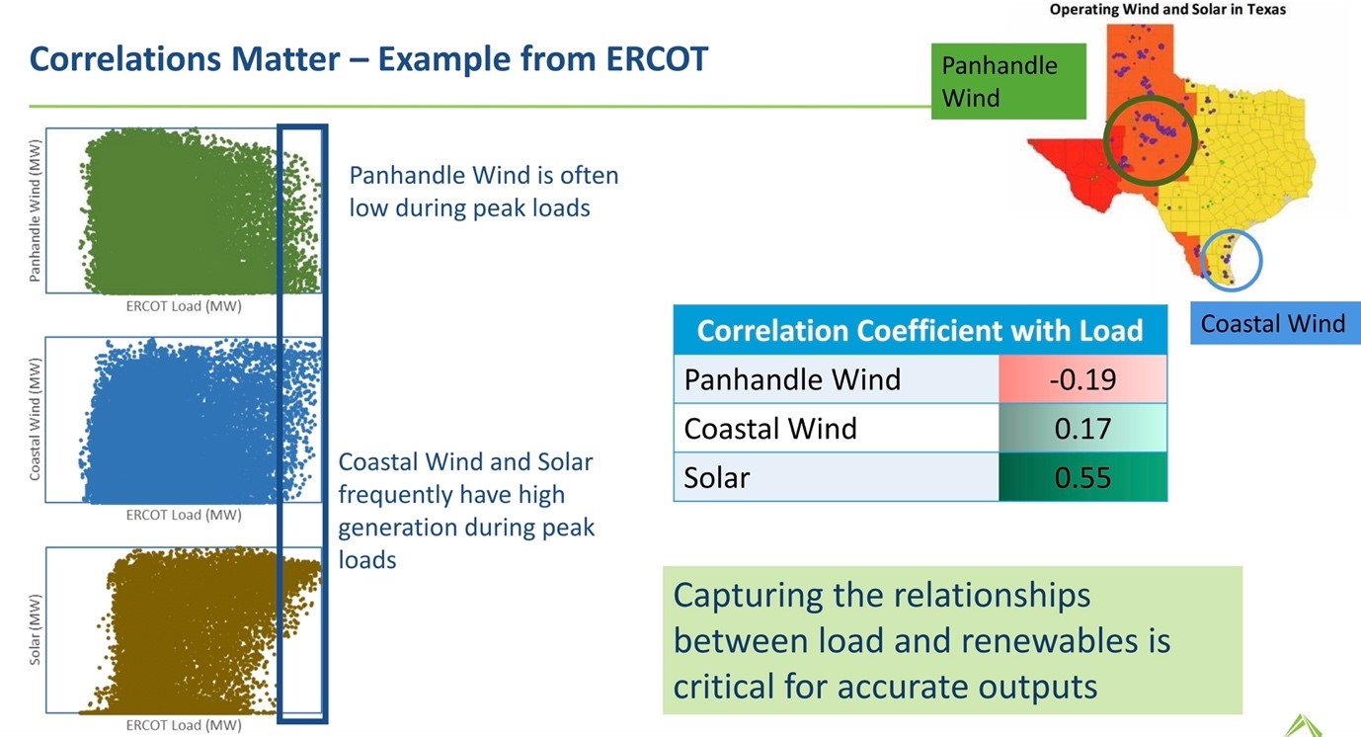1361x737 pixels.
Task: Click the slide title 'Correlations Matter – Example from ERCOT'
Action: coord(368,59)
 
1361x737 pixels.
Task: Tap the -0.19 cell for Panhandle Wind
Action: coord(1081,379)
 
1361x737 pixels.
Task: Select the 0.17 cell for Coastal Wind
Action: coord(1081,429)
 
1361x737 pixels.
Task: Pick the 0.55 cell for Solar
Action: coord(1081,477)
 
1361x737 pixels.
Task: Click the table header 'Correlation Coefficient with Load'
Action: coord(919,330)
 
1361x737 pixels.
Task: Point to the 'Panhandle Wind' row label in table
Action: coord(792,379)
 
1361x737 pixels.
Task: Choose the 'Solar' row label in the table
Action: coord(717,477)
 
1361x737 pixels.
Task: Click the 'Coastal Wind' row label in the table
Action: coord(770,429)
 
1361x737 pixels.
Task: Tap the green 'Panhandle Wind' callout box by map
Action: coord(1007,81)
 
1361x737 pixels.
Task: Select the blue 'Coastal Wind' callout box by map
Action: coord(1273,324)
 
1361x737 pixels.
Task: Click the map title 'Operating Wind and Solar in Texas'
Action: coord(1167,9)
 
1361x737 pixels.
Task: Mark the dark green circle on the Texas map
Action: coord(1149,139)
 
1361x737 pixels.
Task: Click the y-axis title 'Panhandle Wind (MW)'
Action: coord(36,210)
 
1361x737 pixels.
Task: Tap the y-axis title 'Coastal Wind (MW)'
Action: coord(36,420)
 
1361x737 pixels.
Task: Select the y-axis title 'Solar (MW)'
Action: coord(36,630)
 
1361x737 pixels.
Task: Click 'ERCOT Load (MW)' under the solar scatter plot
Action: coord(184,725)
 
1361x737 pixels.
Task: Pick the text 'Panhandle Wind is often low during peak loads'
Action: coord(483,192)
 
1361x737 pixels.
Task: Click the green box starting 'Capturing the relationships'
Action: coord(951,640)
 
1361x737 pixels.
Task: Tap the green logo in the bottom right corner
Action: coord(1305,724)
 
